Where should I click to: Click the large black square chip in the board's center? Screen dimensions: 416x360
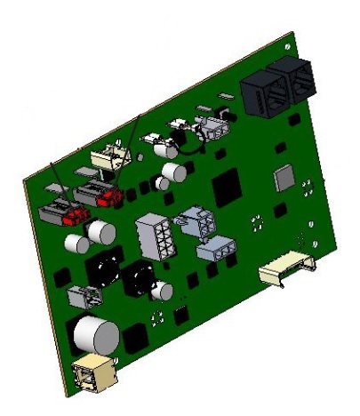pyautogui.click(x=228, y=187)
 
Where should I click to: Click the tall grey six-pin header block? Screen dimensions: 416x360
pyautogui.click(x=151, y=236)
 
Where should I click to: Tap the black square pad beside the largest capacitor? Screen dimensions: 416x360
pyautogui.click(x=136, y=339)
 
